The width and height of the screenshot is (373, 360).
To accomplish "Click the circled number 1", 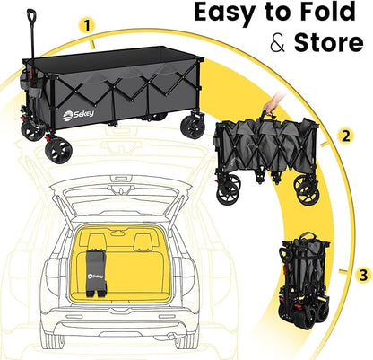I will [x=87, y=27].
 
